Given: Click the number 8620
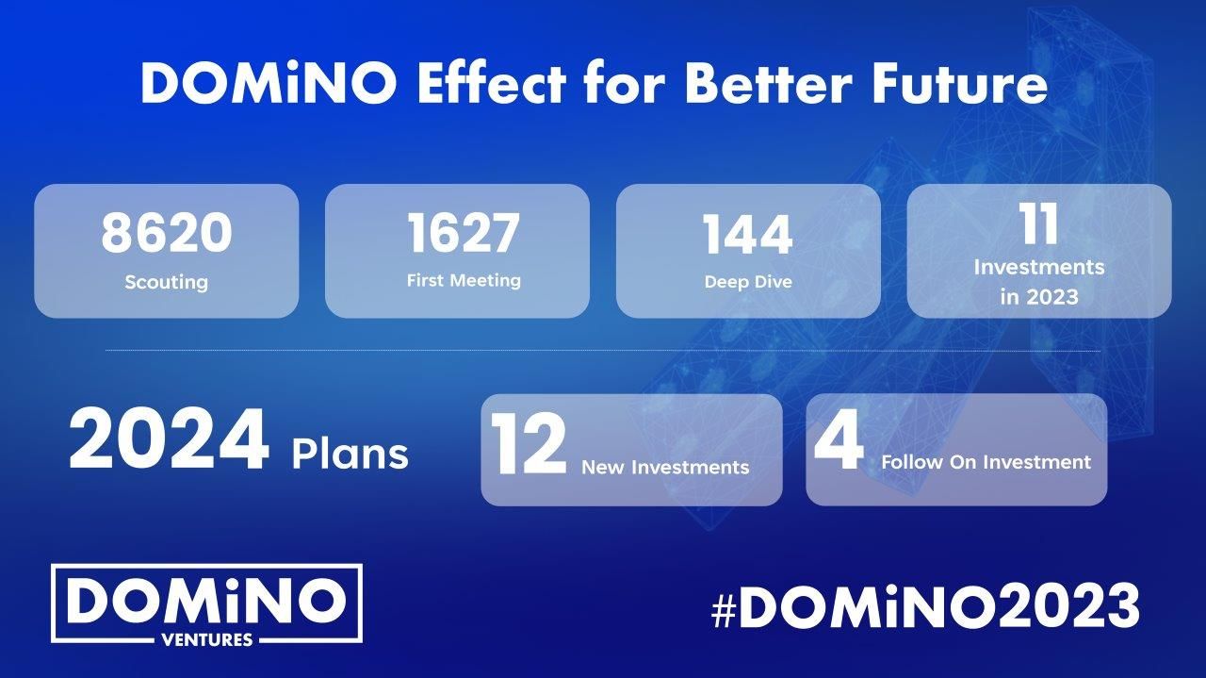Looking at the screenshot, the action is pyautogui.click(x=167, y=232).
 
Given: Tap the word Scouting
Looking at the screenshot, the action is pyautogui.click(x=167, y=282).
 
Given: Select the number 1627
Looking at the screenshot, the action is pyautogui.click(x=464, y=232).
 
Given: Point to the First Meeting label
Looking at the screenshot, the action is pyautogui.click(x=464, y=280).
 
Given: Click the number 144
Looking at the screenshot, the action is pyautogui.click(x=748, y=235).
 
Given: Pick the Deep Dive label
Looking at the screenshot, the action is pyautogui.click(x=748, y=281).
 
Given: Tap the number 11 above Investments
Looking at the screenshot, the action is pyautogui.click(x=1039, y=224).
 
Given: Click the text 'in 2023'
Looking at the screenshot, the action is pyautogui.click(x=1039, y=297).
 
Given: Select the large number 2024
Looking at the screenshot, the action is pyautogui.click(x=169, y=440).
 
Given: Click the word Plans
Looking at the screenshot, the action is pyautogui.click(x=350, y=454).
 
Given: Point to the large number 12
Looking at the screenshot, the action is pyautogui.click(x=529, y=444).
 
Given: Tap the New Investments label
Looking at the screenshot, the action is pyautogui.click(x=665, y=467).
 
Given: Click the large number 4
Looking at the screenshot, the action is pyautogui.click(x=839, y=439).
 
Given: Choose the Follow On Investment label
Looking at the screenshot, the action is pyautogui.click(x=986, y=462).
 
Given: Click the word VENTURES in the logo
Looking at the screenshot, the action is pyautogui.click(x=207, y=639).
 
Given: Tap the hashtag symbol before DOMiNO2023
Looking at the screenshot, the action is pyautogui.click(x=725, y=612).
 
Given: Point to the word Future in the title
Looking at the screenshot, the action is pyautogui.click(x=960, y=85).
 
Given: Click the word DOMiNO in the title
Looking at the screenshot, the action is pyautogui.click(x=269, y=84).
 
